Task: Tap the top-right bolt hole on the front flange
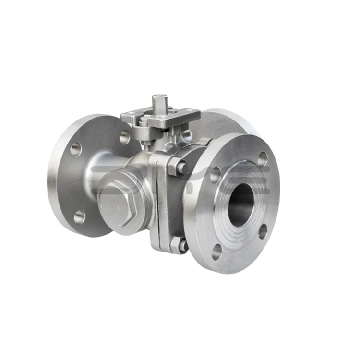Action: [262, 158]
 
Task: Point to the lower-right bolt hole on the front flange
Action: [263, 231]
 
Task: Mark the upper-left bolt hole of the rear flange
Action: [76, 149]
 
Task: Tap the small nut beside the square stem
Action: [144, 122]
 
